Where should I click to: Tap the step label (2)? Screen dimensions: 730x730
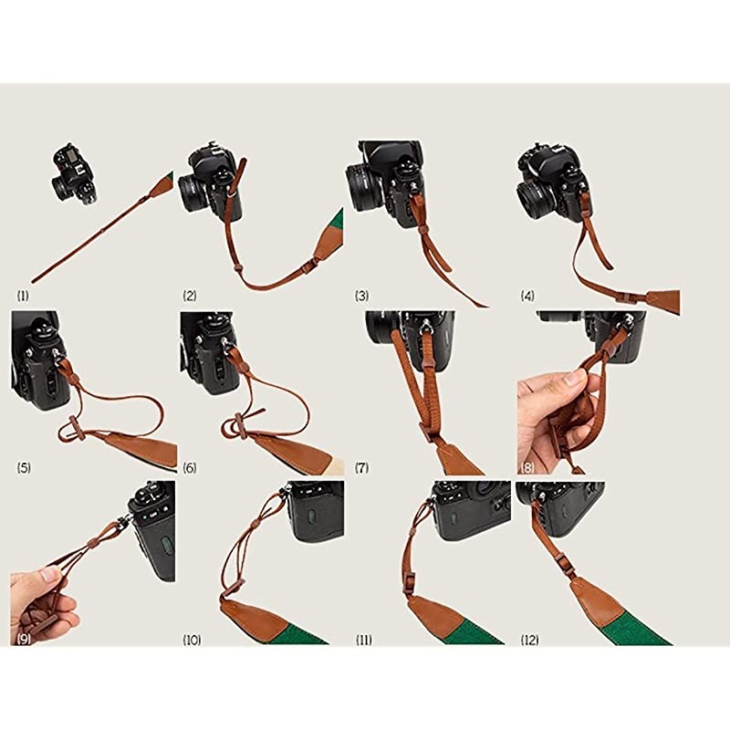point(190,296)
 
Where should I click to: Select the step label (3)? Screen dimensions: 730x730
point(362,296)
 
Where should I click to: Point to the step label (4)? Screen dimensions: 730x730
point(527,296)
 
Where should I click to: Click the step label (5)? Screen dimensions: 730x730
point(24,468)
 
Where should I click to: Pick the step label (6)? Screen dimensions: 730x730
point(190,468)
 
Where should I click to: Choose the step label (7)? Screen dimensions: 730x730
point(362,468)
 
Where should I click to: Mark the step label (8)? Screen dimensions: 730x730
point(527,468)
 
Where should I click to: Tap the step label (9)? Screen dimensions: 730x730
point(24,640)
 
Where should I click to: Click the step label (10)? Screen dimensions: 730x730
point(192,640)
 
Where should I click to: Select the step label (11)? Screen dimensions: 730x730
point(364,640)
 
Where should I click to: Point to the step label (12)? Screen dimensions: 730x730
point(530,640)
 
